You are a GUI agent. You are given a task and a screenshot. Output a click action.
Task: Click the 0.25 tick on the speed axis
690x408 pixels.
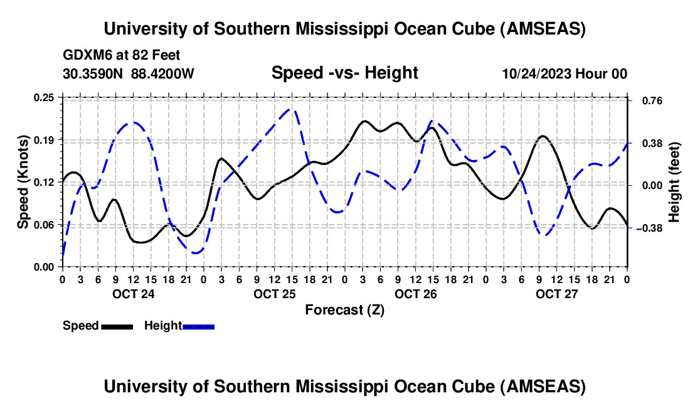[x=45, y=97]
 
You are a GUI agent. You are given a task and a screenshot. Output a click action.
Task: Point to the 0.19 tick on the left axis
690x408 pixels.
[x=45, y=140]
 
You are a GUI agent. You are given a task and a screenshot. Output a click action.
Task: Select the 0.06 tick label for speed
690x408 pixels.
[x=45, y=225]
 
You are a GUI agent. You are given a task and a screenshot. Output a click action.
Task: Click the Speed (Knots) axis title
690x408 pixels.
[x=23, y=182]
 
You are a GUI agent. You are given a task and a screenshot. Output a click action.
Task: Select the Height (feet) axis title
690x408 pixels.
[x=675, y=183]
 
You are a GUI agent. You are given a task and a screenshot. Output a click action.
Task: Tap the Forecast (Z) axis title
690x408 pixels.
[x=344, y=309]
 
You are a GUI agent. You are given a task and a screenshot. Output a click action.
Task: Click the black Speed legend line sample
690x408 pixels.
[x=117, y=326]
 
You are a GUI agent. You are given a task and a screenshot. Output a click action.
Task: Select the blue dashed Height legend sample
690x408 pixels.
[x=199, y=326]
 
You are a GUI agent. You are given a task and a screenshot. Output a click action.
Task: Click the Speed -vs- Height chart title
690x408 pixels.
[x=344, y=73]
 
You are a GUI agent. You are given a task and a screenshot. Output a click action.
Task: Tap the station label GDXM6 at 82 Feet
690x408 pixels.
[x=122, y=56]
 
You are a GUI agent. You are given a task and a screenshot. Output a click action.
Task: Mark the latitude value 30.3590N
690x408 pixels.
[x=93, y=73]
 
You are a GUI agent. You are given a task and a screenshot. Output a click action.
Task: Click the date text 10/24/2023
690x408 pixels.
[x=536, y=73]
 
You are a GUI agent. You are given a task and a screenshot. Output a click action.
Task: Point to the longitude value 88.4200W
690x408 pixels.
[x=162, y=73]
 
